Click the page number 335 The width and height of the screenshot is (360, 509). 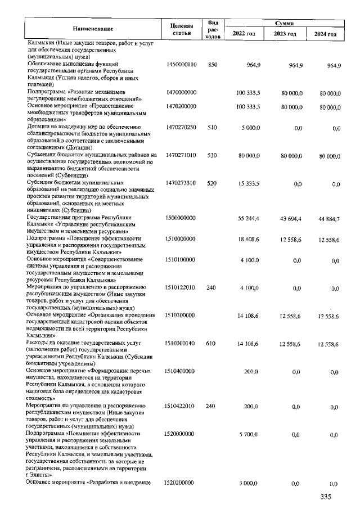[x=326, y=497]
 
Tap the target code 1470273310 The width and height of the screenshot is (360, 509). [x=181, y=184]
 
